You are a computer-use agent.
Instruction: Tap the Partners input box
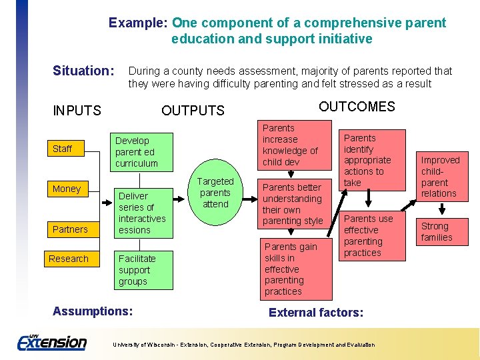[70, 229]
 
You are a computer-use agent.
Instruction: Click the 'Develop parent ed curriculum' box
[141, 152]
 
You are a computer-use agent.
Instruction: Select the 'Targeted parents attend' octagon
[215, 193]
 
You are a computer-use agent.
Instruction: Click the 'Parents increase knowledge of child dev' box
[293, 145]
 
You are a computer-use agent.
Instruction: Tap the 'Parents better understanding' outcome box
[293, 203]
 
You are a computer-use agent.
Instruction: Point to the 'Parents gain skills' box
[293, 269]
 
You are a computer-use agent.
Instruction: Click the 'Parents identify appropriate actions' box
[373, 160]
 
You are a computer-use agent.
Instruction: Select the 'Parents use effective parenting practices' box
[373, 235]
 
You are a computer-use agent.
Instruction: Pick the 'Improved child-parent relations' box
[439, 177]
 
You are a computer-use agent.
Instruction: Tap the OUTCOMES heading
[357, 107]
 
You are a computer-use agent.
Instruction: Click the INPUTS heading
[77, 111]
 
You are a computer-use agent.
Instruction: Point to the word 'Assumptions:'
[93, 311]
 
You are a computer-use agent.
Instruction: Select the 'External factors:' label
[316, 312]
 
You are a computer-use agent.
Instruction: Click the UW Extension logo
[51, 342]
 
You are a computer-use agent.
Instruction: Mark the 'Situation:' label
[83, 71]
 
